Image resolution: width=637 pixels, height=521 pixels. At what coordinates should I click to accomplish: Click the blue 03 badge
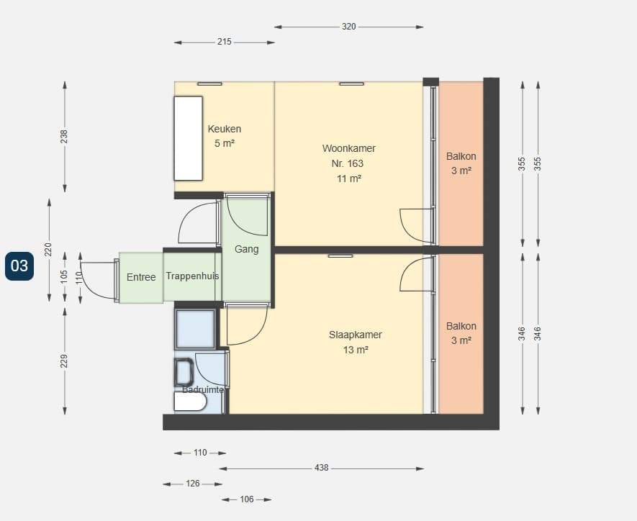click(19, 266)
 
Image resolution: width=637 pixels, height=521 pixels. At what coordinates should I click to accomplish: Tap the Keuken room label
click(225, 129)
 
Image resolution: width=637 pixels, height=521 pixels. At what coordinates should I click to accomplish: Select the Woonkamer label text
click(348, 149)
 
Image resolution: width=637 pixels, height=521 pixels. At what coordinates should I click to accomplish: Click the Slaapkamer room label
click(355, 335)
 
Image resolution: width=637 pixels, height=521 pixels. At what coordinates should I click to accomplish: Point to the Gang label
click(247, 249)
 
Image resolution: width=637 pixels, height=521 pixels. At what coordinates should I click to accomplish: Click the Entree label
click(141, 277)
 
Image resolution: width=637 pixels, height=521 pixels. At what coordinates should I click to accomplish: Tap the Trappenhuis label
click(192, 276)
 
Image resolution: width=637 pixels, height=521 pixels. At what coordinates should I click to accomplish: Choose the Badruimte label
click(203, 390)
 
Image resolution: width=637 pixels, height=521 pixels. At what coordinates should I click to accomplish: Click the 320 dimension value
click(348, 27)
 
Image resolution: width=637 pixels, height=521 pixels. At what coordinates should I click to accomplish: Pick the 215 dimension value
click(225, 42)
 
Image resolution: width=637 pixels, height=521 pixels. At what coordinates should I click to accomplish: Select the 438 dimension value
click(321, 468)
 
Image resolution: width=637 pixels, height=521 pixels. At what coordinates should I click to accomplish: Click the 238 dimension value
click(64, 137)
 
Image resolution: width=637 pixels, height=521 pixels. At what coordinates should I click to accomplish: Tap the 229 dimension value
click(64, 361)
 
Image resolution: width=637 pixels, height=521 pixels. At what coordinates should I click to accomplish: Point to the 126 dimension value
click(193, 484)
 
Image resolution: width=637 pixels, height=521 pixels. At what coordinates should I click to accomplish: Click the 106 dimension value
click(247, 499)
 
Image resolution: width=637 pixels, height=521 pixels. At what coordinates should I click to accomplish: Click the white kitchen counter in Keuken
click(188, 138)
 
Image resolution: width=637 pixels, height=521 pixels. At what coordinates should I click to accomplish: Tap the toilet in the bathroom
click(184, 372)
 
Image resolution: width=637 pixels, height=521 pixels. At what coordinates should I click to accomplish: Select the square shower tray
click(195, 329)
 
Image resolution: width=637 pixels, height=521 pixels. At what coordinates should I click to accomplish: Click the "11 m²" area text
click(349, 178)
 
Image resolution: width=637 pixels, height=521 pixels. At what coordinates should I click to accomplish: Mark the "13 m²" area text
click(356, 350)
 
